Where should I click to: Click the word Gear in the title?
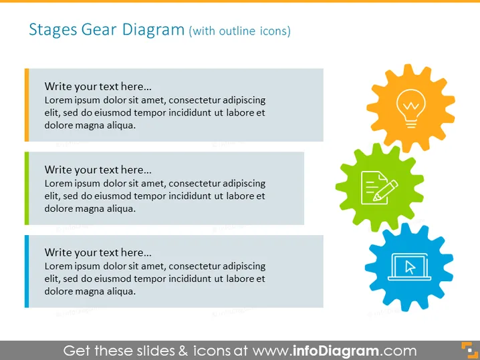pos(99,29)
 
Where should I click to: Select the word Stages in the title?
pos(53,30)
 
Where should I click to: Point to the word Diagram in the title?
pos(153,30)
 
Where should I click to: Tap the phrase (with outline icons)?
pos(240,31)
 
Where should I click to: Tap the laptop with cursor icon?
pos(409,267)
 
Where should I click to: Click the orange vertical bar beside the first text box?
pos(27,105)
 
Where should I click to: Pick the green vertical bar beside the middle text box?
pos(27,188)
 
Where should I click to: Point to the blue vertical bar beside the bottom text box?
pos(27,271)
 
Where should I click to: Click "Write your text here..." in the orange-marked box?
pos(98,87)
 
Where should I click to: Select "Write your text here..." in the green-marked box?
pos(98,170)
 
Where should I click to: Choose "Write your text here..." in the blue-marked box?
pos(98,252)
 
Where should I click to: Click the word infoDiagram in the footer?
pos(336,351)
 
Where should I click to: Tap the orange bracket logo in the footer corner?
pos(469,350)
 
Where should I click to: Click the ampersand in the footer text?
pos(183,351)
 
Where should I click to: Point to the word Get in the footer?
pos(77,351)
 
